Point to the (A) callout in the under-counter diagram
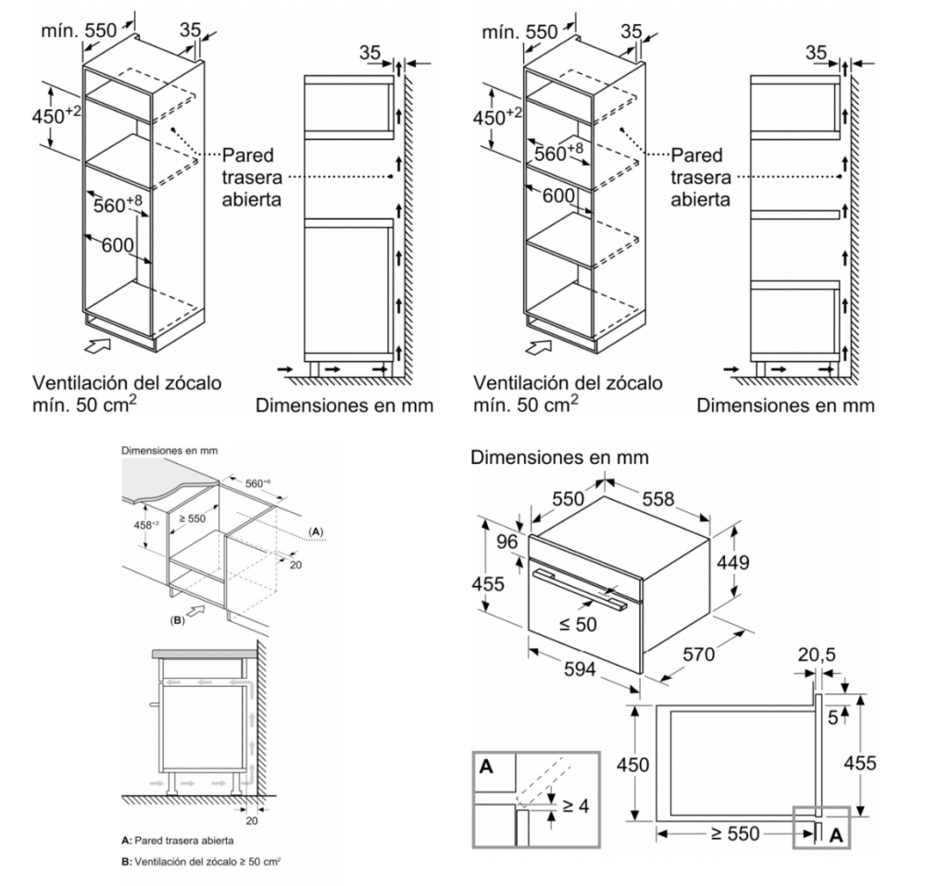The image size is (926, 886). coord(316,532)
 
